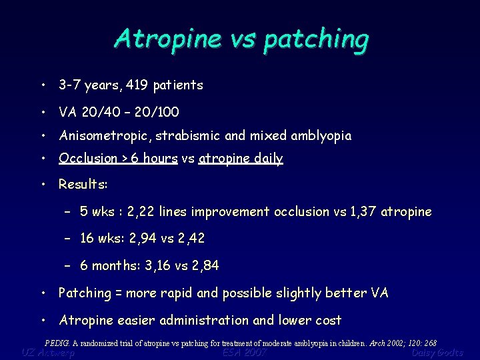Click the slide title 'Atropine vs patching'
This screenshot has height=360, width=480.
pyautogui.click(x=241, y=39)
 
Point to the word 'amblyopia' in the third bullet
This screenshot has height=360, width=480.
pyautogui.click(x=321, y=136)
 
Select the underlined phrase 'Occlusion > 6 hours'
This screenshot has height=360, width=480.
pyautogui.click(x=118, y=159)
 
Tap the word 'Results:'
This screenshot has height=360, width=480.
pyautogui.click(x=83, y=183)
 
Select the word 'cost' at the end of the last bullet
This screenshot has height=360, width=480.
pyautogui.click(x=329, y=321)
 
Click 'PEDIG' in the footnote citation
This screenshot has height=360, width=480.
pyautogui.click(x=57, y=343)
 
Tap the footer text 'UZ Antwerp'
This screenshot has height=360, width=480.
pyautogui.click(x=48, y=353)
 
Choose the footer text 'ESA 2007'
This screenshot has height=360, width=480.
pyautogui.click(x=245, y=353)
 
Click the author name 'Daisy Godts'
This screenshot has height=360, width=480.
pyautogui.click(x=437, y=353)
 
